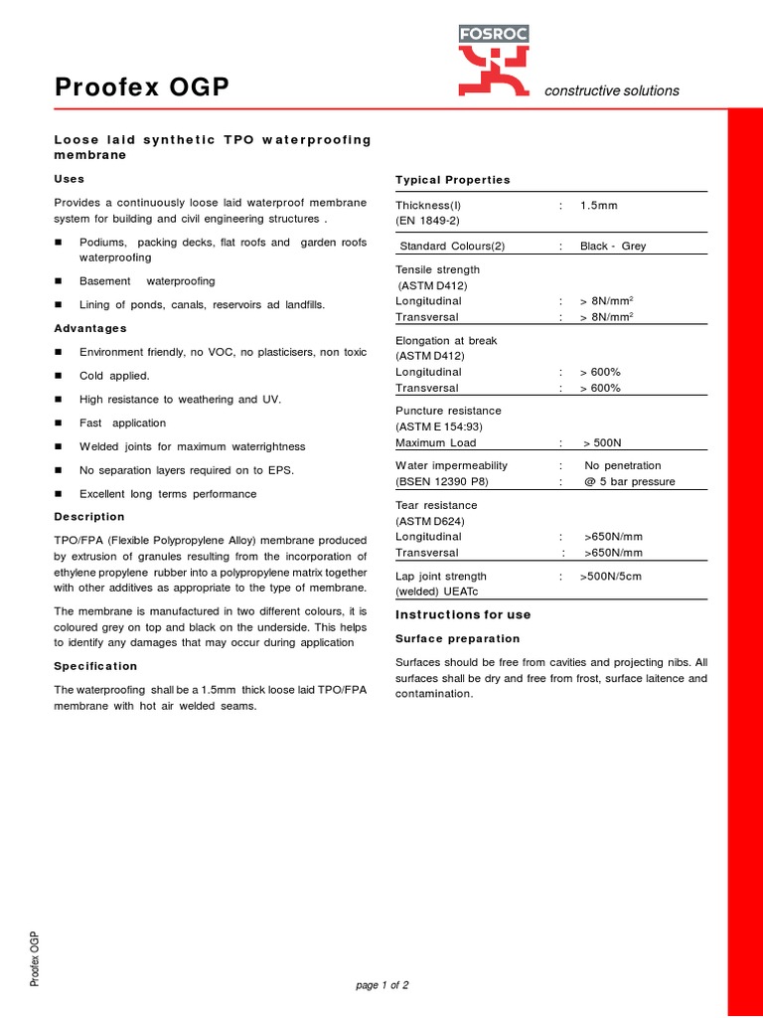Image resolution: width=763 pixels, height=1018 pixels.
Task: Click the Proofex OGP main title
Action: click(x=142, y=89)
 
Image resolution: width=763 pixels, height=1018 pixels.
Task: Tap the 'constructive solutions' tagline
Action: click(x=611, y=90)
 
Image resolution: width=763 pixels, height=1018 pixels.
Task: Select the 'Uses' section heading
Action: click(x=70, y=179)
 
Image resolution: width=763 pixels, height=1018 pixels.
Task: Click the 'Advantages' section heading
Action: click(x=90, y=328)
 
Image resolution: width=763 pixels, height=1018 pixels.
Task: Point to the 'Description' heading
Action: click(x=89, y=517)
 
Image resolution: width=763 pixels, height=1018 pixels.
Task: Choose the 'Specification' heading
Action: click(x=95, y=666)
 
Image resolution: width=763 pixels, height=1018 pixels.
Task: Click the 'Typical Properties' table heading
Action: click(x=453, y=180)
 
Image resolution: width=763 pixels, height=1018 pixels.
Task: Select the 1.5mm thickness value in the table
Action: click(x=599, y=206)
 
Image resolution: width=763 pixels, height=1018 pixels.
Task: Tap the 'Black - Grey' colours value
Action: click(x=613, y=247)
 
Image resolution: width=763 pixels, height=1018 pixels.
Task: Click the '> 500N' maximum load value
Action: click(x=603, y=443)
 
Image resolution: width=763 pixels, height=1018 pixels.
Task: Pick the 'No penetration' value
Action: click(x=623, y=465)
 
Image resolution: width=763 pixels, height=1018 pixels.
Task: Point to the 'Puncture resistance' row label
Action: click(x=449, y=411)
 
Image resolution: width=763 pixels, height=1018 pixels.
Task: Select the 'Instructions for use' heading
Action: click(x=463, y=615)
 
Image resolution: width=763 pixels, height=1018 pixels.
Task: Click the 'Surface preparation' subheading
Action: click(x=458, y=638)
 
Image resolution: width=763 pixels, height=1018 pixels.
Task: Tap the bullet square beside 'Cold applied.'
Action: click(x=58, y=376)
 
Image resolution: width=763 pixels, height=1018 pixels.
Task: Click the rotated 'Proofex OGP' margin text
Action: click(x=35, y=959)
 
